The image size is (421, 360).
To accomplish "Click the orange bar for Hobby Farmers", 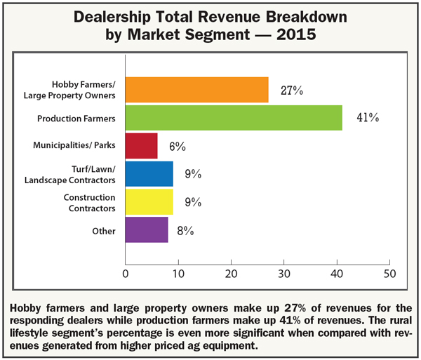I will [196, 89].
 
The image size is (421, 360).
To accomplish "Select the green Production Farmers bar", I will [233, 118].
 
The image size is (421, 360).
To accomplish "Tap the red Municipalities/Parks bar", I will [141, 146].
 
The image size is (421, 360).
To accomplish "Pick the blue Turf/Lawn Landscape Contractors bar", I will [149, 174].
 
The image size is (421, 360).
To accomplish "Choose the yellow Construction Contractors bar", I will [149, 202].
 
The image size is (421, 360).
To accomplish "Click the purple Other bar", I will [146, 230].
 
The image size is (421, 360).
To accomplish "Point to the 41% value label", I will [367, 118].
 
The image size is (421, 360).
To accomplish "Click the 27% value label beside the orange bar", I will [292, 89].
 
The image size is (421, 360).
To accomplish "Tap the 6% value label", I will [176, 147].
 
